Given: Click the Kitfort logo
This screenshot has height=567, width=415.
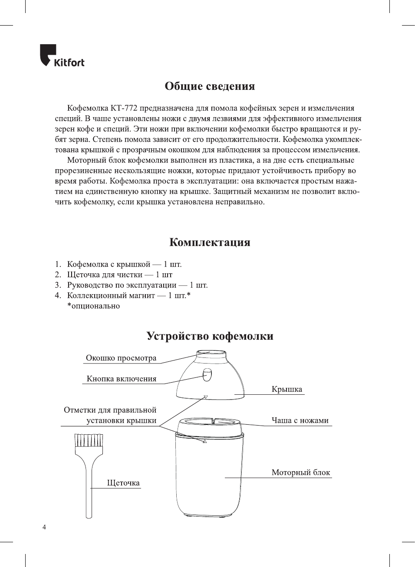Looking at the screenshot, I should coord(62,56).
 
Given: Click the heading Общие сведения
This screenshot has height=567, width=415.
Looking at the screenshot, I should coord(210,86).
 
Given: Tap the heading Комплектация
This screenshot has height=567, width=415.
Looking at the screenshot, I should coord(210,242).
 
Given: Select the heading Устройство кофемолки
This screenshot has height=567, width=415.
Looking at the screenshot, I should coord(210,336).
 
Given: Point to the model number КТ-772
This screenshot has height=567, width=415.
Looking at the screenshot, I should coord(124,108).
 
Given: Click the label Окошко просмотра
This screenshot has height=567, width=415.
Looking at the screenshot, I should coord(121,358).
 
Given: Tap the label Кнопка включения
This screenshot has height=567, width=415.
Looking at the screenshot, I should coord(122,379).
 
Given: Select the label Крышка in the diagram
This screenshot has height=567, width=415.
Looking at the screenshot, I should coord(287,390).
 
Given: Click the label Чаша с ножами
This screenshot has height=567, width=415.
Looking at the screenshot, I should coord(300,421).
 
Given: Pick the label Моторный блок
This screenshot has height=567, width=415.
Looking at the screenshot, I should coord(301,473).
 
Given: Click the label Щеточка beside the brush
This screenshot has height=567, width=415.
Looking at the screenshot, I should coord(123,483).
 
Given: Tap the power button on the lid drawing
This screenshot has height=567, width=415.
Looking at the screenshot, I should coord(207,375).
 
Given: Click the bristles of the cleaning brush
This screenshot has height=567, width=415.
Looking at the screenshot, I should coord(89,440).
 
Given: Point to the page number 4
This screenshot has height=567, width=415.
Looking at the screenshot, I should coord(44,528).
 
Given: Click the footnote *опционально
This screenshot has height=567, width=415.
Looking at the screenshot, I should coord(93,306).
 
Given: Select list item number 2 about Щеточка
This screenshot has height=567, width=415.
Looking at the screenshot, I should coord(119,275).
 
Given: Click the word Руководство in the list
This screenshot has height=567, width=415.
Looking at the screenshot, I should coord(90,285).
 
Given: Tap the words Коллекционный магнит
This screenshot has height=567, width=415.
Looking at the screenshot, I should coord(111,296).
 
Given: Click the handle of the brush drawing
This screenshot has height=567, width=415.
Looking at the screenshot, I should coord(89,490).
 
